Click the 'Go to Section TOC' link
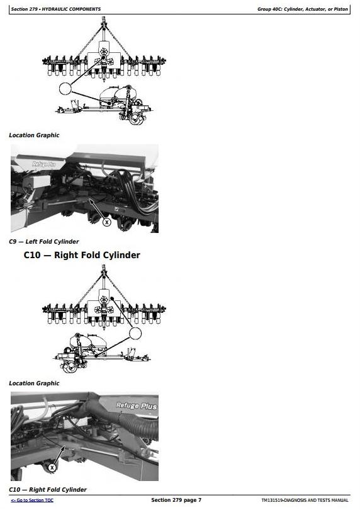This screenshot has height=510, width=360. coord(32,501)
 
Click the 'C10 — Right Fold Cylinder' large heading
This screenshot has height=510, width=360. coord(82,255)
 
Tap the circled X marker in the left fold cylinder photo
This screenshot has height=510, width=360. coord(106,222)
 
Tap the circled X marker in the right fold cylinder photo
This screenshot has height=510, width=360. coord(52,468)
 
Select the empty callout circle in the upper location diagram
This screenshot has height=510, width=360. coord(65,88)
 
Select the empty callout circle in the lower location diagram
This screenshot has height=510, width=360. coord(135,333)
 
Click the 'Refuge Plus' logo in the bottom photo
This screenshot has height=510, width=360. coord(137,405)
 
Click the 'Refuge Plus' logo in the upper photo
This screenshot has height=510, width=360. coord(44,164)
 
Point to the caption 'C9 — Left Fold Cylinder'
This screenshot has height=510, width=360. coord(44,242)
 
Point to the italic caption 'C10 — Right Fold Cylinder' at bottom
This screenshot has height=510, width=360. coord(48,489)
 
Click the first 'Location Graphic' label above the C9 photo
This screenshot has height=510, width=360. coord(34,135)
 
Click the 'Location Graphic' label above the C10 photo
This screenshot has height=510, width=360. coord(34,383)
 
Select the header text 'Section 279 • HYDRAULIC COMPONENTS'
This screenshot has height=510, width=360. coord(56,9)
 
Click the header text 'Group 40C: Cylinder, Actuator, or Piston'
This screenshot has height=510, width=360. coord(303,9)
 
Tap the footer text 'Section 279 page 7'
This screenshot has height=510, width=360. coord(176,500)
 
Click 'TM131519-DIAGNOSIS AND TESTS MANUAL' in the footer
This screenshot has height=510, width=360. coord(305,501)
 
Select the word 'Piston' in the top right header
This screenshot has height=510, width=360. coord(341,9)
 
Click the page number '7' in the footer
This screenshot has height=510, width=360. coord(200,500)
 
